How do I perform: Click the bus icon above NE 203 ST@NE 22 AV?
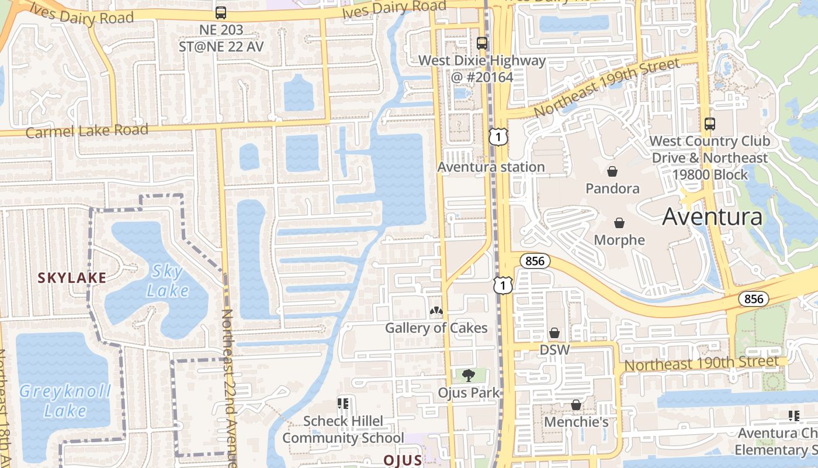click(221, 12)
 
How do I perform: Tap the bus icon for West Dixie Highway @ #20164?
click(482, 43)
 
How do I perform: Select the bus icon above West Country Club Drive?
click(710, 124)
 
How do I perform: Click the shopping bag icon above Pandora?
click(612, 171)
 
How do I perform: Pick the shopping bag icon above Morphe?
click(619, 223)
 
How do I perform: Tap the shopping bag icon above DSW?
click(554, 333)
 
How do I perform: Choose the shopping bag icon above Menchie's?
click(576, 405)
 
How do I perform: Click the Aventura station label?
click(491, 167)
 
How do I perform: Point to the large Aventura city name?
click(712, 217)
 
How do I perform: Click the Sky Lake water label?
click(168, 281)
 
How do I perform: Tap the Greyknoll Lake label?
click(65, 401)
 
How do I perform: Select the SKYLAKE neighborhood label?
click(72, 278)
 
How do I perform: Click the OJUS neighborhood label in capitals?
click(403, 460)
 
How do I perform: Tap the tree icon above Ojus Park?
click(468, 376)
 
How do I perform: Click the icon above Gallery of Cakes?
click(436, 311)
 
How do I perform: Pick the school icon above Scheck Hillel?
click(343, 404)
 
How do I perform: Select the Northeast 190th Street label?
click(702, 363)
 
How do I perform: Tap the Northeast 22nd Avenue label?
click(228, 386)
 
